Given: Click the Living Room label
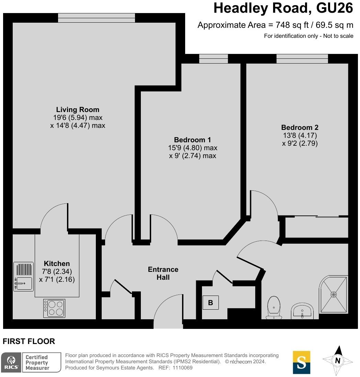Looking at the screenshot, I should click(x=78, y=110).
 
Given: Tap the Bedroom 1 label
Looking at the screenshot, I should click(x=192, y=140).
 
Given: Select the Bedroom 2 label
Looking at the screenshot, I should click(x=300, y=127).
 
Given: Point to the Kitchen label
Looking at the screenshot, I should click(x=57, y=264).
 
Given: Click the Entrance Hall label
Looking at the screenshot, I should click(x=163, y=273).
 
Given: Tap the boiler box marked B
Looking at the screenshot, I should click(x=211, y=303).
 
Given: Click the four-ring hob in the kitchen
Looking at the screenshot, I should click(x=55, y=308).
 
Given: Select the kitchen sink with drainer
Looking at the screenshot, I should click(x=24, y=277).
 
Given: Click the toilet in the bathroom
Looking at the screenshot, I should click(x=274, y=307).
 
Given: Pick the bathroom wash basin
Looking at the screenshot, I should click(x=302, y=311).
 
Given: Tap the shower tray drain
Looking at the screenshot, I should click(x=334, y=294).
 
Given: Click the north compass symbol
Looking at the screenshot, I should click(x=338, y=360).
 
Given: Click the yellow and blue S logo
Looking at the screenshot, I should click(x=301, y=362).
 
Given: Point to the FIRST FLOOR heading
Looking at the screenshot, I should click(x=29, y=341).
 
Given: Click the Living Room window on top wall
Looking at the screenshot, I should click(x=97, y=18).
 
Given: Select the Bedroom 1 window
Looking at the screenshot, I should click(x=213, y=59).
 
